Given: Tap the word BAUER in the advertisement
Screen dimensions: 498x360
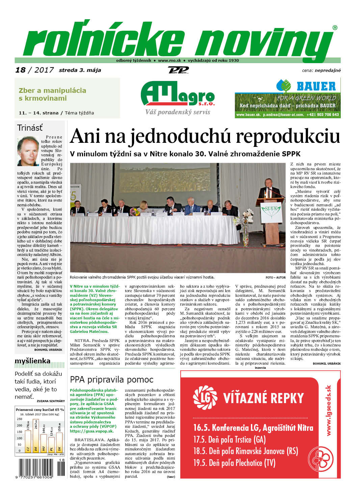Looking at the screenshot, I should [316, 86].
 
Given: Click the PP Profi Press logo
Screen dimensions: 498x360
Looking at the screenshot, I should [178, 70].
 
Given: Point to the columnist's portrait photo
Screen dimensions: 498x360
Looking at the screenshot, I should [28, 151].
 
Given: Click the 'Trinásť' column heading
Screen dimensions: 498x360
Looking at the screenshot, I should [30, 128].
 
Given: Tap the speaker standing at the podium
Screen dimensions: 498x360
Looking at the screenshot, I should [269, 190].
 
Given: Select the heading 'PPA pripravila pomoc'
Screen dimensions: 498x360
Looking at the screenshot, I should [111, 379].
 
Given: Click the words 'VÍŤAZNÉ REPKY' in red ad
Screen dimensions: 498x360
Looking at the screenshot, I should [263, 398].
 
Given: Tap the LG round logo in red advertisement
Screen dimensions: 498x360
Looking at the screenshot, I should [205, 397].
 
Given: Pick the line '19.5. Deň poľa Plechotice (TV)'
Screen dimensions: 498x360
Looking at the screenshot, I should [234, 463].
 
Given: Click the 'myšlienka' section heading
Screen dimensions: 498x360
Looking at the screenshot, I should [32, 361].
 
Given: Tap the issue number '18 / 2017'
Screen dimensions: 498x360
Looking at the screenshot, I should [34, 70].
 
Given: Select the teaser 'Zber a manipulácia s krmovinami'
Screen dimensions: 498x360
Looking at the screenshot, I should [52, 94].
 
